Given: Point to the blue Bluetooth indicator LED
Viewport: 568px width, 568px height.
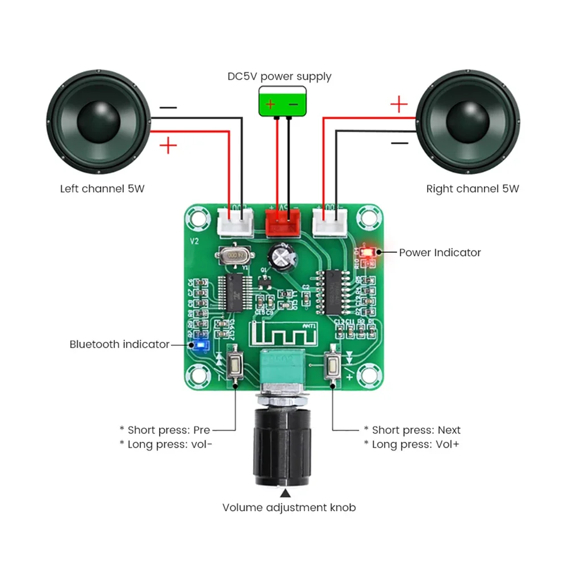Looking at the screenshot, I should pyautogui.click(x=201, y=345).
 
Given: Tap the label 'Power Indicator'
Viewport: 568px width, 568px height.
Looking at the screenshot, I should pyautogui.click(x=440, y=253).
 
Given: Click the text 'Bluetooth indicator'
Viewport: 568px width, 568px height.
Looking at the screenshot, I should pyautogui.click(x=119, y=344).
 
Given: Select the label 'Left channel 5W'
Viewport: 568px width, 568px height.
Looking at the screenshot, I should pyautogui.click(x=102, y=189).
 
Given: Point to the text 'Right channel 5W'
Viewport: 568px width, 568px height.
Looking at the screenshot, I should pyautogui.click(x=473, y=189).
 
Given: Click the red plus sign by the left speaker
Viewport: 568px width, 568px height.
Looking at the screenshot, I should pyautogui.click(x=168, y=146).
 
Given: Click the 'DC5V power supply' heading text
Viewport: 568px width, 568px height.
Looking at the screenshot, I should pyautogui.click(x=279, y=76).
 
